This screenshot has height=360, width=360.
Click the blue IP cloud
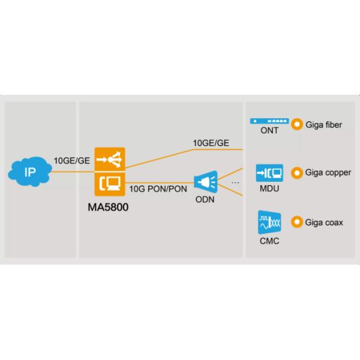pyautogui.click(x=29, y=173)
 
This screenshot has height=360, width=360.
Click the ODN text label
pyautogui.click(x=205, y=199)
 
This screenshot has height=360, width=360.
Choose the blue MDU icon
pyautogui.click(x=268, y=172)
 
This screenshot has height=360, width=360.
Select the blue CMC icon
pyautogui.click(x=268, y=223)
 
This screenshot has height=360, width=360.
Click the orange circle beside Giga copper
pyautogui.click(x=296, y=173)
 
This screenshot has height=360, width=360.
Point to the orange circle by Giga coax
pyautogui.click(x=296, y=223)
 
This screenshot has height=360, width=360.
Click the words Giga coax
pyautogui.click(x=323, y=223)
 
